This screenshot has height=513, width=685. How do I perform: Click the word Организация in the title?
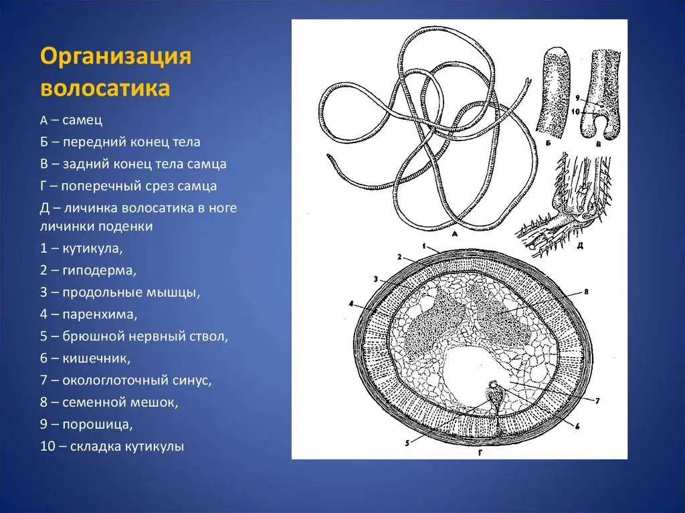116,56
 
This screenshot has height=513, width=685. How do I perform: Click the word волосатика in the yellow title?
105,88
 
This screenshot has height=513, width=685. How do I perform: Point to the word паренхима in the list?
100,314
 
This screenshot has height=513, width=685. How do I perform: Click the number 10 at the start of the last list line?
47,446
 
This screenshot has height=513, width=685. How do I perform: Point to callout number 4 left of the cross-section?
350,303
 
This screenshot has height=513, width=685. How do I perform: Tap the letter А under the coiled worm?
454,235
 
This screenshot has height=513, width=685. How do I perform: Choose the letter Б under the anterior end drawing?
548,142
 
